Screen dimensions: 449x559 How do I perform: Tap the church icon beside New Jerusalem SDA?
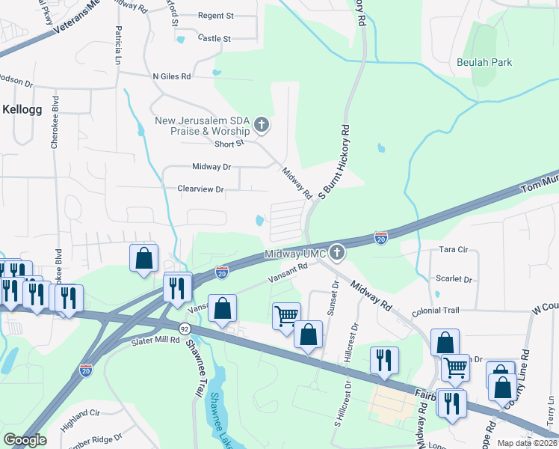[262, 124]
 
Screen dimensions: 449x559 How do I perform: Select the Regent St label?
[215, 16]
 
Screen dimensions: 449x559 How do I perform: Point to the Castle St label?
[214, 38]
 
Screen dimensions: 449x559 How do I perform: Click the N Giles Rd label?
[171, 76]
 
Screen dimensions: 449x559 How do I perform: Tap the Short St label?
[229, 144]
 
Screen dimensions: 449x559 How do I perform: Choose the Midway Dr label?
[211, 167]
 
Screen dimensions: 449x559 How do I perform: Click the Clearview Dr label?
[200, 190]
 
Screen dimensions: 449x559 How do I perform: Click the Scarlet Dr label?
[455, 279]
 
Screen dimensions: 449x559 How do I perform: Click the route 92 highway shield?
[184, 329]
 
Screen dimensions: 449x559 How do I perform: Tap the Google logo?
[25, 439]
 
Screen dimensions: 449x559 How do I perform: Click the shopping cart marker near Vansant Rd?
[287, 317]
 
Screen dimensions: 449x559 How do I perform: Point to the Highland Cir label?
[81, 413]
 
